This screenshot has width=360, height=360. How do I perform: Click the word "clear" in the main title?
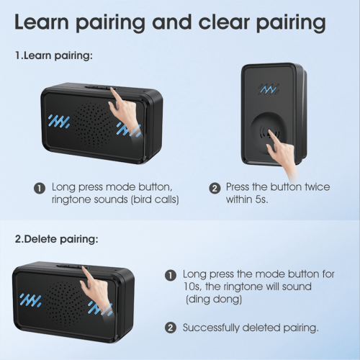(x=224, y=22)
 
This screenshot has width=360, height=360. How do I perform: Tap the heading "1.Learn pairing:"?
(x=54, y=56)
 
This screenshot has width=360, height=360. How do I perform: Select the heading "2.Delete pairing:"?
(x=57, y=239)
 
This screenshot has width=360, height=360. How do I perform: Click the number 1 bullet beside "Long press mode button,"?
(x=40, y=188)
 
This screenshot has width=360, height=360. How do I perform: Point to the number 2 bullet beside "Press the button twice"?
(x=215, y=188)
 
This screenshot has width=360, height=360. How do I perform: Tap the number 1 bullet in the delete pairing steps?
(x=171, y=275)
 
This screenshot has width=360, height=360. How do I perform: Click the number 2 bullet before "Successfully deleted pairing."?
(x=171, y=328)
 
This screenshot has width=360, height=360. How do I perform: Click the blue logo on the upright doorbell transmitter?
(x=269, y=89)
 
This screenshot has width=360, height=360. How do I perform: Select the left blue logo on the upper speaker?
(x=59, y=121)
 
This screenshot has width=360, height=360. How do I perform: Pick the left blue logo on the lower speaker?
(x=30, y=300)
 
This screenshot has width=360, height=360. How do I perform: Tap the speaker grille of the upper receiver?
(x=92, y=125)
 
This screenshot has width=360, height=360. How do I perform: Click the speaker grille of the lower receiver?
(x=64, y=304)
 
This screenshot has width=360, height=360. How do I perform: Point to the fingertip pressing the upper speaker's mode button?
(x=112, y=89)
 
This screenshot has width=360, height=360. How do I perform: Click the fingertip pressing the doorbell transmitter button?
(x=270, y=132)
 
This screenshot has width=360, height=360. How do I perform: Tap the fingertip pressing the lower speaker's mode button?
(x=84, y=268)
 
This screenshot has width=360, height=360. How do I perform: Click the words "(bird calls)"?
(x=155, y=199)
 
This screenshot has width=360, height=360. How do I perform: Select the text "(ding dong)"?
(x=214, y=300)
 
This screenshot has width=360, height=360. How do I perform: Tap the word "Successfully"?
(x=211, y=328)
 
